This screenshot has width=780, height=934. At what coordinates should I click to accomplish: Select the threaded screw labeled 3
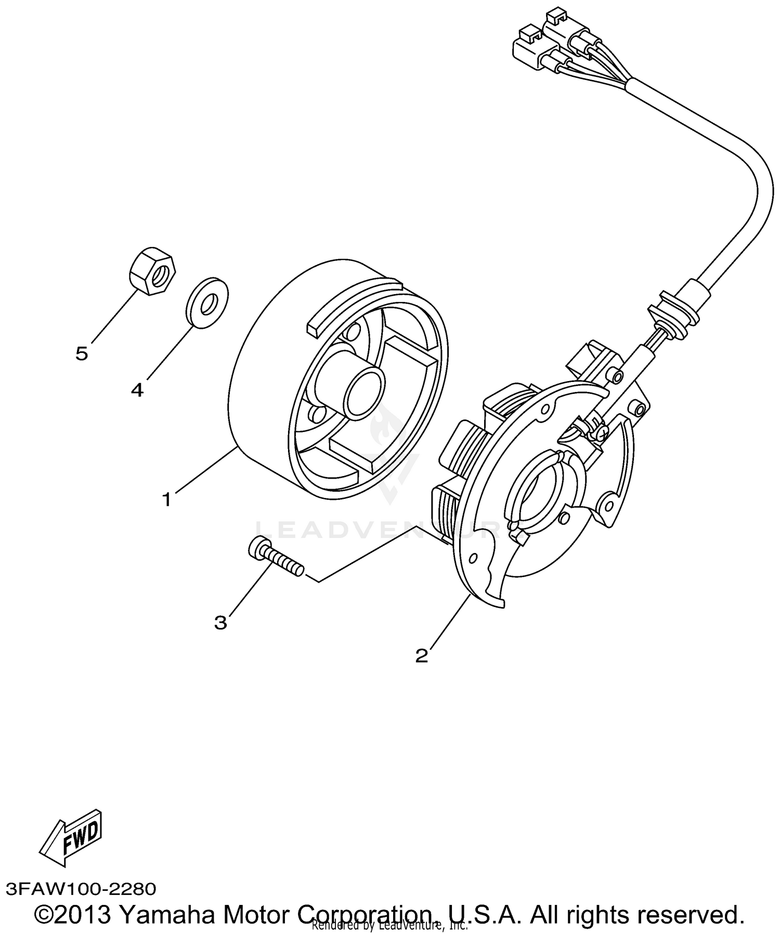click(276, 558)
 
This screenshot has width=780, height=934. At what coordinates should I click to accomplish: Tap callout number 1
click(166, 499)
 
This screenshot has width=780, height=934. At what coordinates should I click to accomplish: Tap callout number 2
click(422, 655)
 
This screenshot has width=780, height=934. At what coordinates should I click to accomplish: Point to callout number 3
click(221, 622)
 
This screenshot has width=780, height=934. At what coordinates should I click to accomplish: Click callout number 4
click(137, 389)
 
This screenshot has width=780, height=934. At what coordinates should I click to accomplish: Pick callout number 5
click(82, 354)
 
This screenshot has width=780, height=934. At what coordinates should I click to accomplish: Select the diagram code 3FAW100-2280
click(81, 888)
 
